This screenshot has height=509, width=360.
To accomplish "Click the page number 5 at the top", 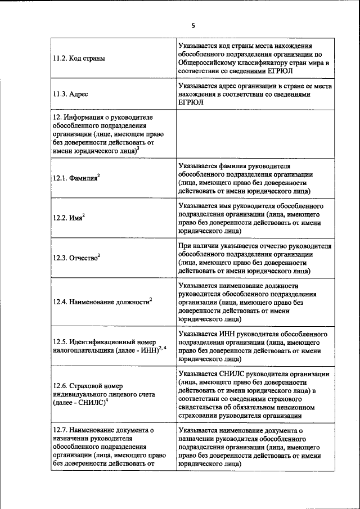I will pos(192,26).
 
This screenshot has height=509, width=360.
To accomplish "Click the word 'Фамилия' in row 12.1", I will pos(83,178).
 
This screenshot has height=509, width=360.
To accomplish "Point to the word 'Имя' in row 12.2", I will pos(76,218).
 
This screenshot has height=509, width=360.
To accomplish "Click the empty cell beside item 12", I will pos(255,134).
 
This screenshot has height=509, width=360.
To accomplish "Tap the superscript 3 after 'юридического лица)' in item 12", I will pos(138,148).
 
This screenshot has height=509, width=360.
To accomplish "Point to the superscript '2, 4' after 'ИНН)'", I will pos(163,348).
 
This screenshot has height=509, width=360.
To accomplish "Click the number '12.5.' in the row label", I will pos(60,341).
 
